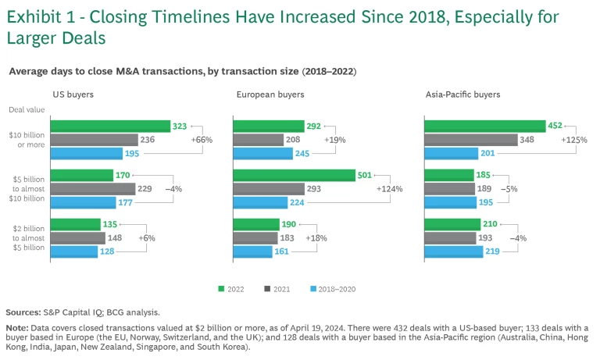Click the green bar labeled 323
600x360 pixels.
point(110,127)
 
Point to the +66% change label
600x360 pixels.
point(202,140)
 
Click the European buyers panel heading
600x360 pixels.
point(270,94)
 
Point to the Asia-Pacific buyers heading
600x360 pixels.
point(462,94)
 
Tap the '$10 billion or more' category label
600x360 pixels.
point(27,140)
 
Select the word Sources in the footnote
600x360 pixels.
point(23,311)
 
